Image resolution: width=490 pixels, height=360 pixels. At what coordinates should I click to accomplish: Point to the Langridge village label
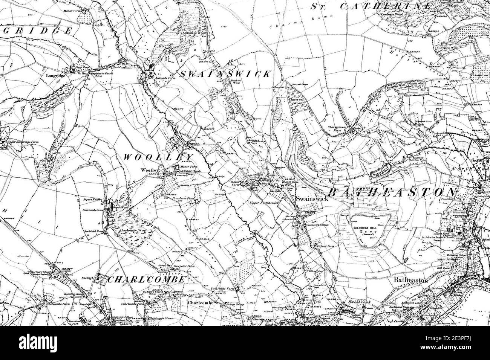[x=56, y=75]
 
